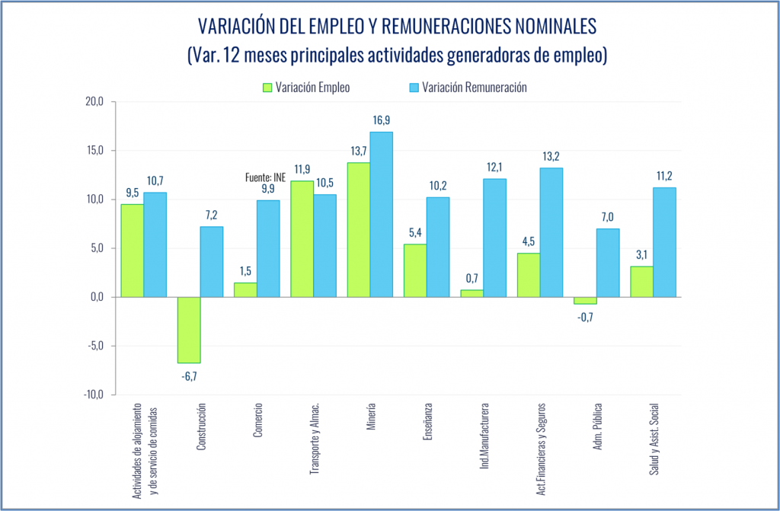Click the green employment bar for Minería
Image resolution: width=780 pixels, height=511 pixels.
358,229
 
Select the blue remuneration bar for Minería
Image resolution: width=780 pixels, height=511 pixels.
381,214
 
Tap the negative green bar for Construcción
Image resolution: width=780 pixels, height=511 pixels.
189,330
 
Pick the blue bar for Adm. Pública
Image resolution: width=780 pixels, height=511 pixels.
607,262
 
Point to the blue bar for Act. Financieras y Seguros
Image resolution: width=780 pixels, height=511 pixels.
551,232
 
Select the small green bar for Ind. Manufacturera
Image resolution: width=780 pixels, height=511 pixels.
472,293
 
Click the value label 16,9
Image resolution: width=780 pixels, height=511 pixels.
382,120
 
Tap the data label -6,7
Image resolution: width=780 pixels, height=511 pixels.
189,375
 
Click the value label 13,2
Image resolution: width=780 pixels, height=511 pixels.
551,156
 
